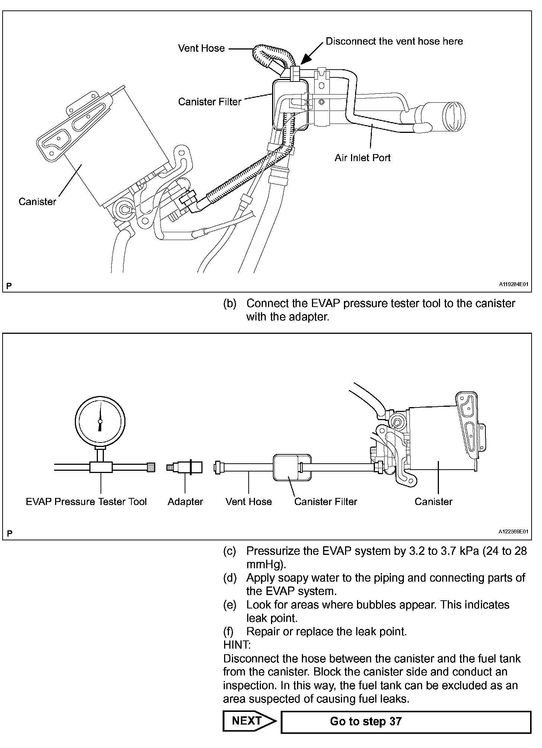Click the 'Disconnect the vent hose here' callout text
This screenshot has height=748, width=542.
[x=394, y=41]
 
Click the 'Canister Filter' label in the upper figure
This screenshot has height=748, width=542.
[x=210, y=102]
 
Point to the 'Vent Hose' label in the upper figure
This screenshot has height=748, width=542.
[x=201, y=48]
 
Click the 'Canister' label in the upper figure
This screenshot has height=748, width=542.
[x=37, y=202]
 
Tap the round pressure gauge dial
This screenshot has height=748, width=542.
[x=100, y=421]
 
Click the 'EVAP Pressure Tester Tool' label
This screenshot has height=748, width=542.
[x=86, y=502]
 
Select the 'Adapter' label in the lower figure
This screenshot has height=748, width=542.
[x=185, y=502]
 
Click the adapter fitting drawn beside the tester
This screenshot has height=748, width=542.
[x=185, y=467]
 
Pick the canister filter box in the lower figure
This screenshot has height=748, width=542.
[x=292, y=467]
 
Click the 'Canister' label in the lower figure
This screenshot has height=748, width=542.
[x=433, y=502]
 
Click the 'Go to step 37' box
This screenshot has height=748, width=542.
[x=405, y=722]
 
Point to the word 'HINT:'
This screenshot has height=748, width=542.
[x=237, y=645]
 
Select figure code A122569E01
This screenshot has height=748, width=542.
[x=513, y=532]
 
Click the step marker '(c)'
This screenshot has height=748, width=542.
[x=230, y=551]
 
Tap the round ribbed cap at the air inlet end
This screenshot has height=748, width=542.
[x=454, y=116]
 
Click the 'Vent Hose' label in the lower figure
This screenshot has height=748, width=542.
[x=248, y=502]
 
